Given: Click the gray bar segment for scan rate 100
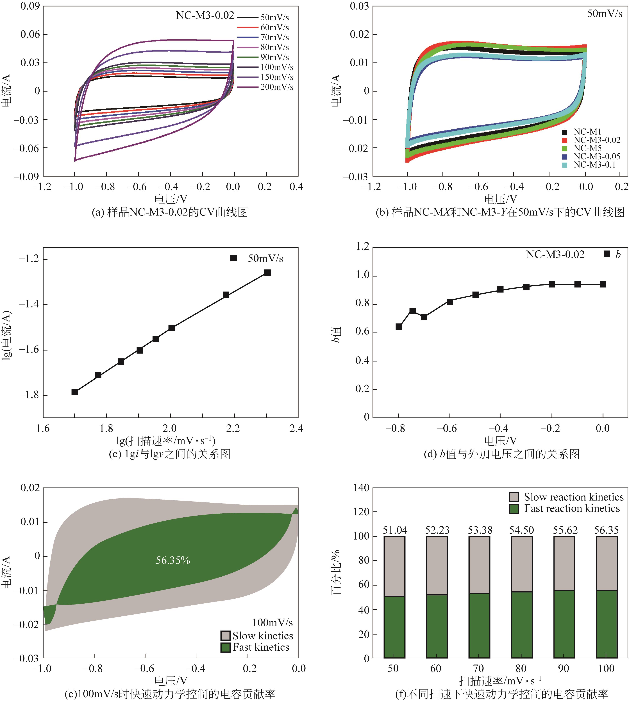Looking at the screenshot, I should pyautogui.click(x=607, y=563).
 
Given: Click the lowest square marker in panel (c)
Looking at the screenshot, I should pyautogui.click(x=75, y=392).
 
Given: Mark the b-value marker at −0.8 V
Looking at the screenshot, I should pyautogui.click(x=398, y=326).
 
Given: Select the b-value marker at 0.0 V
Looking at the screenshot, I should pyautogui.click(x=603, y=284).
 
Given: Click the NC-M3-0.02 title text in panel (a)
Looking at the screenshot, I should pyautogui.click(x=205, y=15).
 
